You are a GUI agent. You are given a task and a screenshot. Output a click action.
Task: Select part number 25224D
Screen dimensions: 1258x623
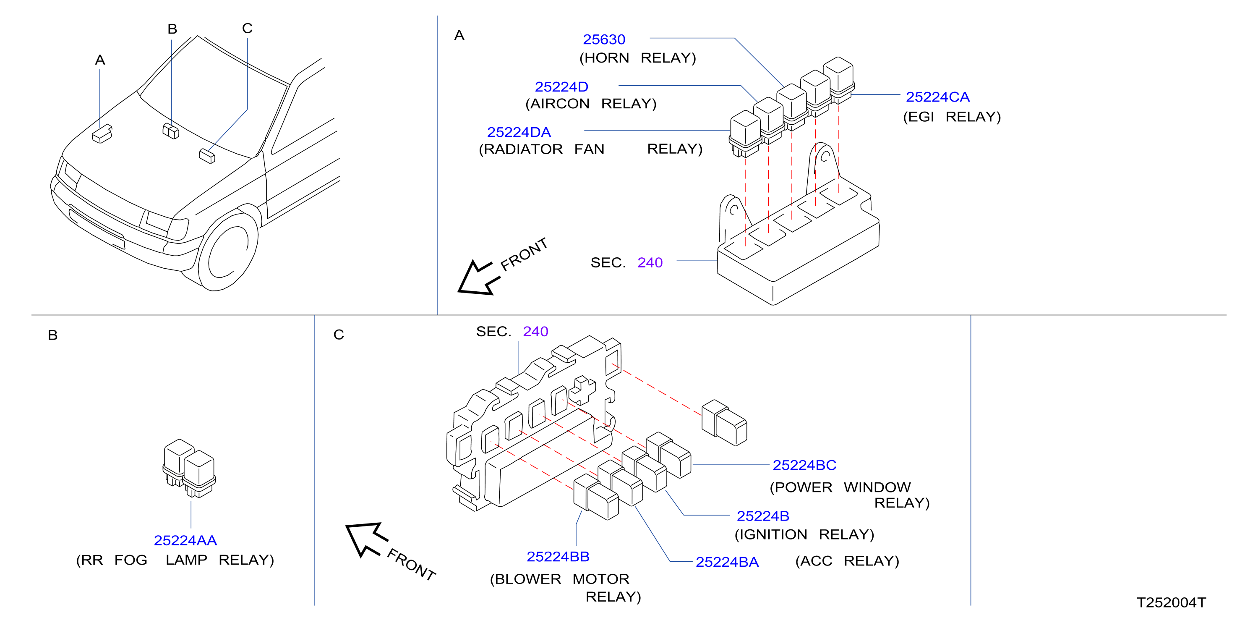click(561, 86)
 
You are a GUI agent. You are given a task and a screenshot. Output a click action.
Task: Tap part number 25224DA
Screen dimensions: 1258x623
click(519, 132)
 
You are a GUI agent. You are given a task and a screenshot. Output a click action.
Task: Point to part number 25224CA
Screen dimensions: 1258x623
click(938, 97)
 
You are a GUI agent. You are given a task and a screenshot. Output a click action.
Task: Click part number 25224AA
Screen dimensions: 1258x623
click(185, 540)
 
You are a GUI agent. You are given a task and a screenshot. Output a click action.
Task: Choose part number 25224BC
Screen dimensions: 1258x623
click(804, 465)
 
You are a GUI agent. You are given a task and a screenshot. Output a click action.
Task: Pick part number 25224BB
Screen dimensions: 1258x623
click(558, 556)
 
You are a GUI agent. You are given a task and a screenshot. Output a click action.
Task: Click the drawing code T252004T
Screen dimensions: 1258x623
click(1171, 602)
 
